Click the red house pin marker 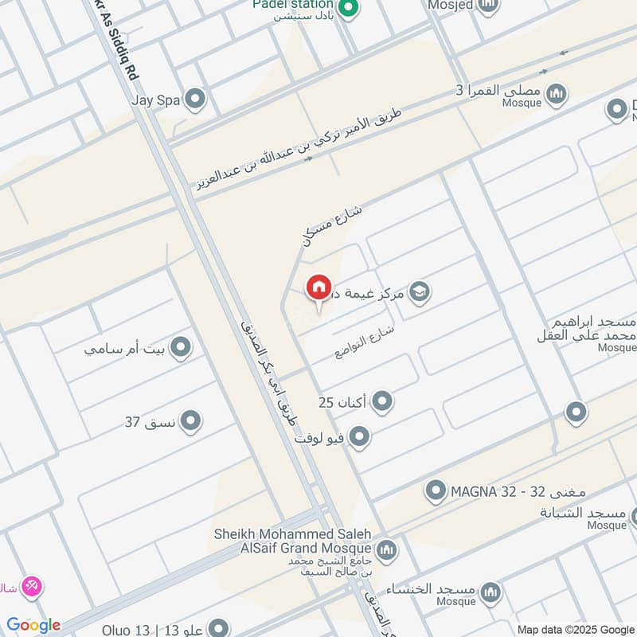point(318,287)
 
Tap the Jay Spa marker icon point(194,100)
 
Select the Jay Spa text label point(157,100)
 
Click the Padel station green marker point(347,9)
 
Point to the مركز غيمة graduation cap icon point(419,292)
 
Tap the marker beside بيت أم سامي point(181,347)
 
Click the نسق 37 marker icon point(190,421)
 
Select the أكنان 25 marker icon point(382,401)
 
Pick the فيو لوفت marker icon point(360,436)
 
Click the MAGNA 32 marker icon point(435,490)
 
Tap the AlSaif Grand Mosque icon point(386,549)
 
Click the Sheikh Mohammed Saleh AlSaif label point(292,541)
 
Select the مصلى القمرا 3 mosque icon point(556,93)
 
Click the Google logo point(33,625)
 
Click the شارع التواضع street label point(365,340)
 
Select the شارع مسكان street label point(331,224)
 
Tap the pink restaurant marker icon point(33,586)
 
